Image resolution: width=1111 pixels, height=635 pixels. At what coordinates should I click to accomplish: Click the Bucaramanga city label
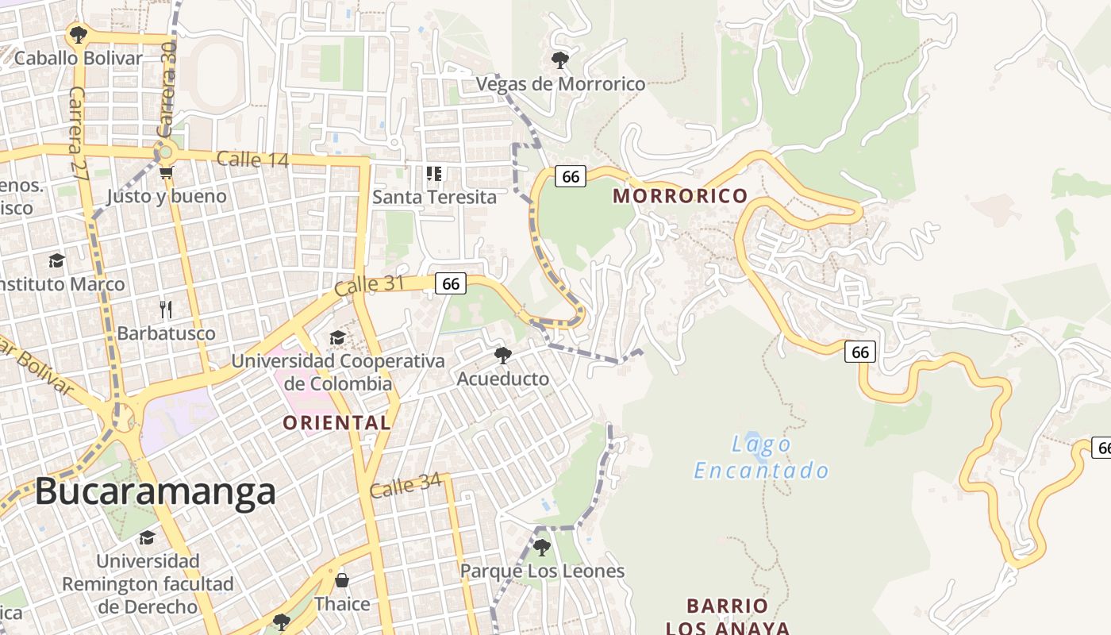(x=155, y=492)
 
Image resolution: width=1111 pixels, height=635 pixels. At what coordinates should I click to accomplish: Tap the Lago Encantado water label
(x=761, y=457)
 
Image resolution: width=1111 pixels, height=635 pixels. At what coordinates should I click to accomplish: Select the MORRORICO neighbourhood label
(x=680, y=196)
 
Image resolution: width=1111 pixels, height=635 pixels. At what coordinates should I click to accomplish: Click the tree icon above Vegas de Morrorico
(x=559, y=60)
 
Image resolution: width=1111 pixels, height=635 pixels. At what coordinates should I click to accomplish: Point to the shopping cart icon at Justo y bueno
(x=166, y=172)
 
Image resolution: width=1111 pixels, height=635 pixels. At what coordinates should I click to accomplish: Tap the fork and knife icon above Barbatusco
(x=166, y=309)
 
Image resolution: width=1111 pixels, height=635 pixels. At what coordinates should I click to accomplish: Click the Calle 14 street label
(x=252, y=160)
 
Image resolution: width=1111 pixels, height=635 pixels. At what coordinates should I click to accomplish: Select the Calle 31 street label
(x=369, y=286)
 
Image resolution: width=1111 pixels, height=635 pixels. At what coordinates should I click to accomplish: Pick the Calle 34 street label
(x=405, y=486)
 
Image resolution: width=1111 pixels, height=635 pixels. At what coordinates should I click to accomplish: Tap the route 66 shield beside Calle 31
(x=451, y=283)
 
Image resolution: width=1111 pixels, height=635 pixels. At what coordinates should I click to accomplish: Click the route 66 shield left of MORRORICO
(x=571, y=176)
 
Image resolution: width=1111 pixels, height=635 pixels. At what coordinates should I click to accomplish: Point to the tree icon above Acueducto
(x=502, y=355)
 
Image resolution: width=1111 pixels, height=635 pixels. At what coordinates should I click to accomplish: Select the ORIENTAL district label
(x=336, y=422)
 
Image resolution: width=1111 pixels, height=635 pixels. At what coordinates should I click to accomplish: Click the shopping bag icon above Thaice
(x=342, y=580)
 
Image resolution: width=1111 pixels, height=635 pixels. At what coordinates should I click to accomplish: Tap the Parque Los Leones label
(x=542, y=571)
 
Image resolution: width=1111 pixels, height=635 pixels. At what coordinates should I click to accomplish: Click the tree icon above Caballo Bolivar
(x=78, y=34)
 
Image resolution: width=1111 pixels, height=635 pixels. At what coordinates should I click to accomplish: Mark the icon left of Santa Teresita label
(x=433, y=173)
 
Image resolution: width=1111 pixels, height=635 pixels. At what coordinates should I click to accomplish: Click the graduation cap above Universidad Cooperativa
(x=337, y=338)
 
